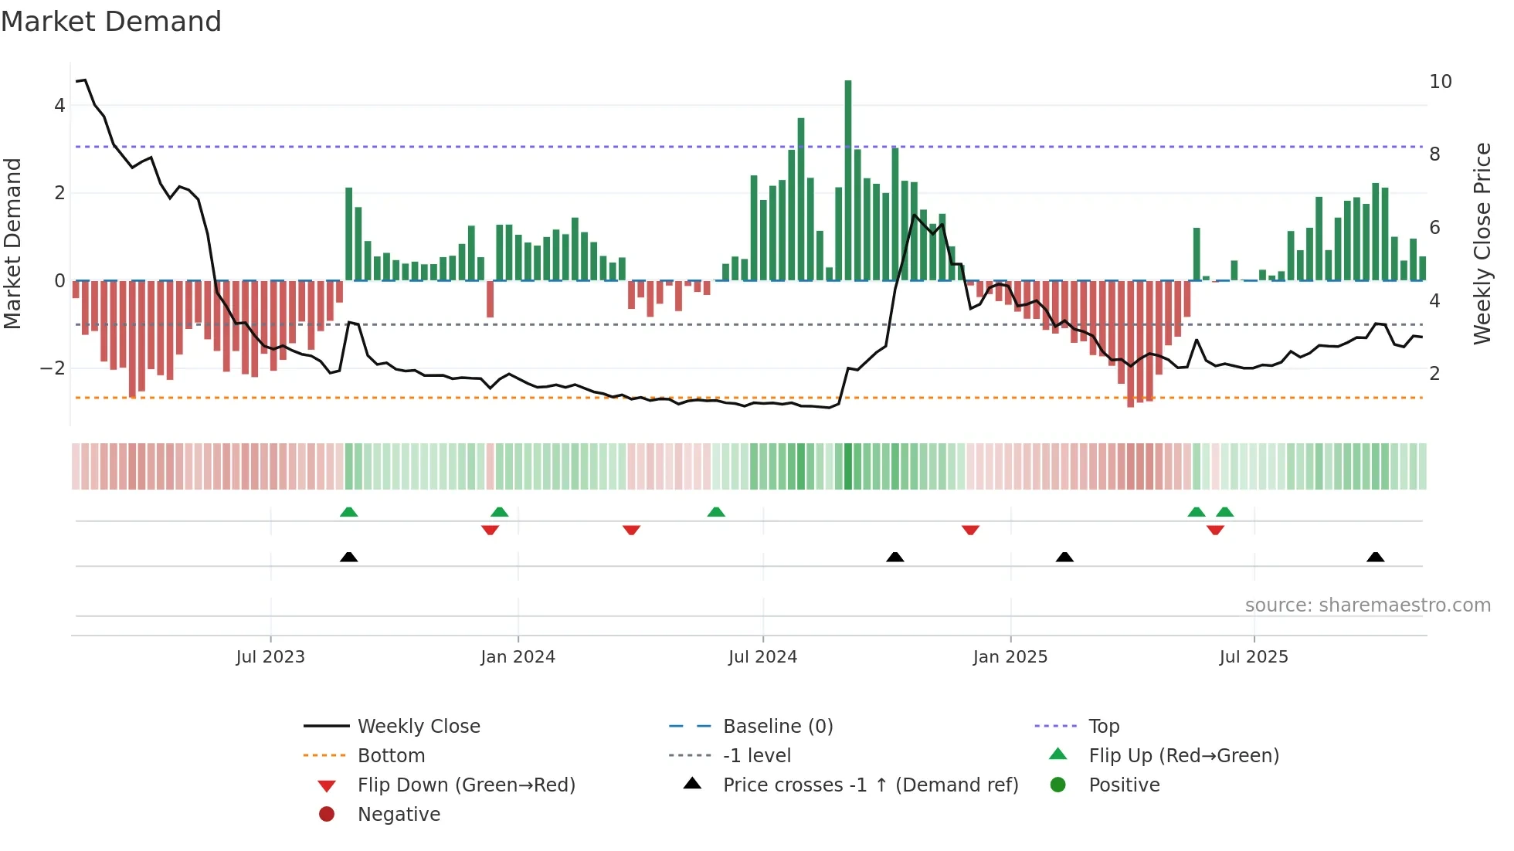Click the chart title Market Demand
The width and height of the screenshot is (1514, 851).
pos(111,21)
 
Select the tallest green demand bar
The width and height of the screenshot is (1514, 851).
pos(848,179)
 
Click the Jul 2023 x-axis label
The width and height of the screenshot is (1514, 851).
pos(270,657)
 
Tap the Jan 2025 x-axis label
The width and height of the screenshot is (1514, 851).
pos(1010,657)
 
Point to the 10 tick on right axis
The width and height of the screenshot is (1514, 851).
pos(1441,82)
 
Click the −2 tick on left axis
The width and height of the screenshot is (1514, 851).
pos(53,368)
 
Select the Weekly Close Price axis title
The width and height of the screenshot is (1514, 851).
pos(1482,243)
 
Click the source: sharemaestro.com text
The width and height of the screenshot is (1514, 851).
pos(1367,605)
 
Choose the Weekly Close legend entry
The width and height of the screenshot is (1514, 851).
pos(418,726)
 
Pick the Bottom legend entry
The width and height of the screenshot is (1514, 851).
pos(391,755)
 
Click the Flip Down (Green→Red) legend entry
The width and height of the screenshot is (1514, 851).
pos(466,785)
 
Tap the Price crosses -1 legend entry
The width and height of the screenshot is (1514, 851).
pos(870,785)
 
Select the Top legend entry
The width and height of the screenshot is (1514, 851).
pos(1103,726)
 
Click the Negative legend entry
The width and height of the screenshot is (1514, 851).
pos(399,814)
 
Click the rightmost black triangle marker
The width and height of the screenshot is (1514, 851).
pos(1375,557)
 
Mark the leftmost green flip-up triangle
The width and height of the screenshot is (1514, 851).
pos(348,512)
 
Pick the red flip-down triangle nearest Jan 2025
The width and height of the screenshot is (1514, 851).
pos(970,530)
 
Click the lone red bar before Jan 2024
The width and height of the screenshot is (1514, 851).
pos(490,299)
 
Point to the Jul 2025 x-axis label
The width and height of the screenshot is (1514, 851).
pos(1253,657)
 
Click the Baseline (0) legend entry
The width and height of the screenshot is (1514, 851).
pos(777,726)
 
